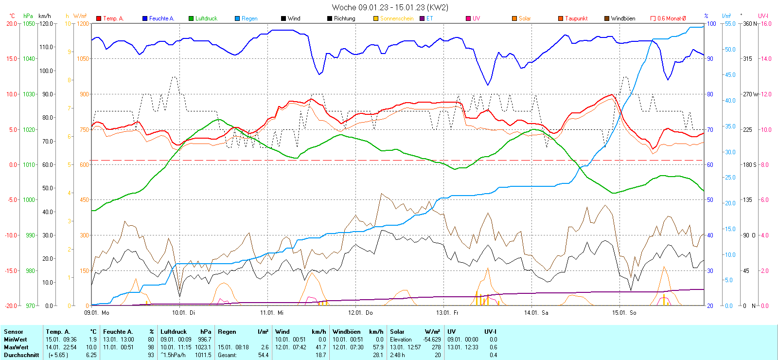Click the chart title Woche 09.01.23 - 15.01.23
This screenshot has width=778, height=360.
pos(390,7)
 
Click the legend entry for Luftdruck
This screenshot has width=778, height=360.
pos(206,18)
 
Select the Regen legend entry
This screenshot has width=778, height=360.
pos(249,18)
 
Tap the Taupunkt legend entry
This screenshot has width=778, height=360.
pos(576,18)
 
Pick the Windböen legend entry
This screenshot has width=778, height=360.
pos(623,18)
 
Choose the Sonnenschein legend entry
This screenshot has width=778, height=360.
pos(397,18)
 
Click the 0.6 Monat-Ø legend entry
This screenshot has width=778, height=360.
pos(672,18)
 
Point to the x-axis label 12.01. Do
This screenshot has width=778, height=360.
pos(360,313)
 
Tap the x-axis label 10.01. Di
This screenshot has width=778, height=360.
pos(183,313)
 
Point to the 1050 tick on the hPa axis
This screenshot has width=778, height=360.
pos(29,23)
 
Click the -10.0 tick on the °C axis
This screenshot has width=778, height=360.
pos(12,235)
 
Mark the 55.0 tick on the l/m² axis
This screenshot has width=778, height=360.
pos(730,23)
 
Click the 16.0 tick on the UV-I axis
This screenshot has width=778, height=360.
pos(766,23)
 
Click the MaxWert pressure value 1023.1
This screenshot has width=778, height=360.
pos(204,347)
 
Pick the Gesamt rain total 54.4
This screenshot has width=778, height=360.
pos(263,355)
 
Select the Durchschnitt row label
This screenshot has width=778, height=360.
pos(21,355)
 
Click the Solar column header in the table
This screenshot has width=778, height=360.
pos(397,332)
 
